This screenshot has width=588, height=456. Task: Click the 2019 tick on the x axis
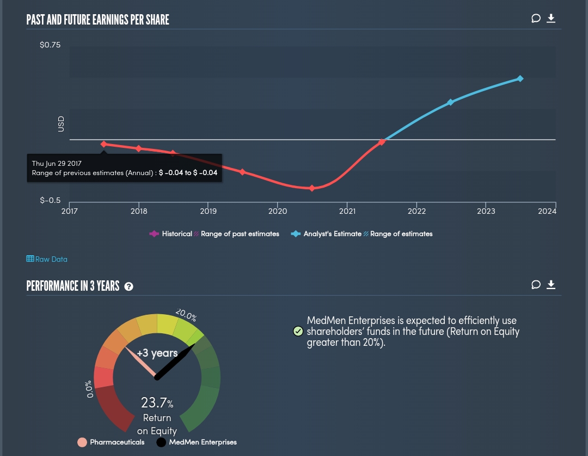coord(209,211)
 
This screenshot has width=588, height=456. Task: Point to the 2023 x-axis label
coord(486,211)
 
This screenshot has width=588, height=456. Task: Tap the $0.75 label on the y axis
coord(51,45)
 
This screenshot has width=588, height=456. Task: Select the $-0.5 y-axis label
coord(51,200)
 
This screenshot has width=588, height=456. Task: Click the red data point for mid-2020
coord(312,188)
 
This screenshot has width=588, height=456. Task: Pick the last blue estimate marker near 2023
coord(520,79)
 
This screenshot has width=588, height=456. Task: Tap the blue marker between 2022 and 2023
coord(450,103)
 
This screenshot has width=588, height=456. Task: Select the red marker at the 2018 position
coord(139,148)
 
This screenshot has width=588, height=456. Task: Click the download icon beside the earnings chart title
coord(551,19)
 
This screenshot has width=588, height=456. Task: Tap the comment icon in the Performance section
coord(536,285)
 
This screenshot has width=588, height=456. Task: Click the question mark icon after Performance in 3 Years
coord(129,286)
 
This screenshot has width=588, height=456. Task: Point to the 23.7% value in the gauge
coord(157,403)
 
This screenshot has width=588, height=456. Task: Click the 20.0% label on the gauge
coord(186,315)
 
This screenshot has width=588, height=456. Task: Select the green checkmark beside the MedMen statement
coord(298,331)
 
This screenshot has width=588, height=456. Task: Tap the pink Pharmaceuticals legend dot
coord(82,442)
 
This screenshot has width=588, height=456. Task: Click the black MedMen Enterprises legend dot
coord(161,442)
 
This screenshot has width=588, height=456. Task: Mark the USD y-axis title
coord(61,124)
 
